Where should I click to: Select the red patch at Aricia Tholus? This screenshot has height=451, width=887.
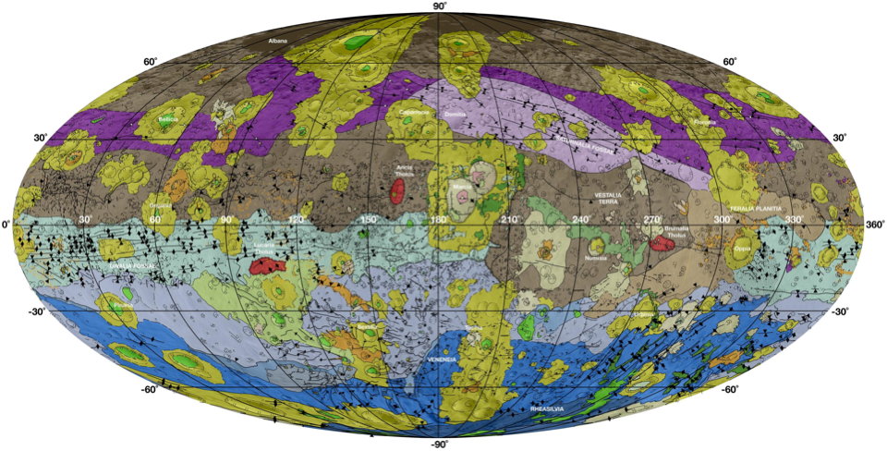click(397, 191)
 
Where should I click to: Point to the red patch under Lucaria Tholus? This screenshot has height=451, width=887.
click(266, 266)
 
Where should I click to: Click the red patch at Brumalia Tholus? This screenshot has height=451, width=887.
click(662, 243)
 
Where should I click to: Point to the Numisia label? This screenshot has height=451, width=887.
click(596, 259)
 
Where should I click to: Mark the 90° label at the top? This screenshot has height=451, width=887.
click(441, 6)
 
